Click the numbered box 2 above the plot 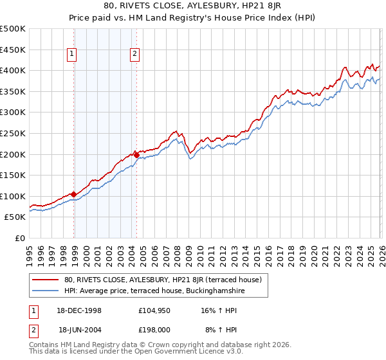click(x=134, y=55)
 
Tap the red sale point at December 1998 click(x=74, y=194)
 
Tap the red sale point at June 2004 click(x=136, y=155)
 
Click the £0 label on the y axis click(x=20, y=238)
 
